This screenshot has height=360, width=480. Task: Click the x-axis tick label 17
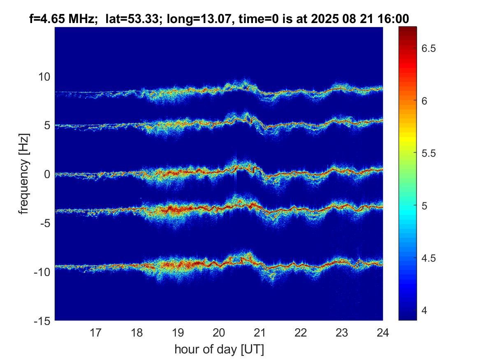[x=96, y=332]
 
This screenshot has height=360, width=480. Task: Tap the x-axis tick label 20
[x=219, y=332]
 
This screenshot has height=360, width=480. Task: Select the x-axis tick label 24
[x=383, y=332]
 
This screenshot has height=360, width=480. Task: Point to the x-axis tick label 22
[x=301, y=332]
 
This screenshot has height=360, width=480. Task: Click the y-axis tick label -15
[x=42, y=321]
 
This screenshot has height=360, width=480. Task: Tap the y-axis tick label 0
[x=47, y=174]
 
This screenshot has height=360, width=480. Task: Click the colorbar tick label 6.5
[x=431, y=49]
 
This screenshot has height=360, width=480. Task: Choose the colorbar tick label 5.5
[x=431, y=153]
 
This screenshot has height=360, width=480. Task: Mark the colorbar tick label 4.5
[x=431, y=258]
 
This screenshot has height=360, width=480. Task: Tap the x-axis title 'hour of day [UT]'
[x=219, y=349]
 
